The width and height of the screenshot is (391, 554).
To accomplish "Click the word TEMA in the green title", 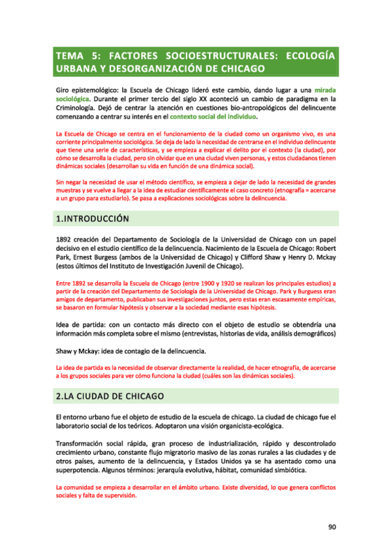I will coord(70,56).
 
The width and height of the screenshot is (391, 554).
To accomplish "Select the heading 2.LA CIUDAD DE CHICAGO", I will coord(109,396).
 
